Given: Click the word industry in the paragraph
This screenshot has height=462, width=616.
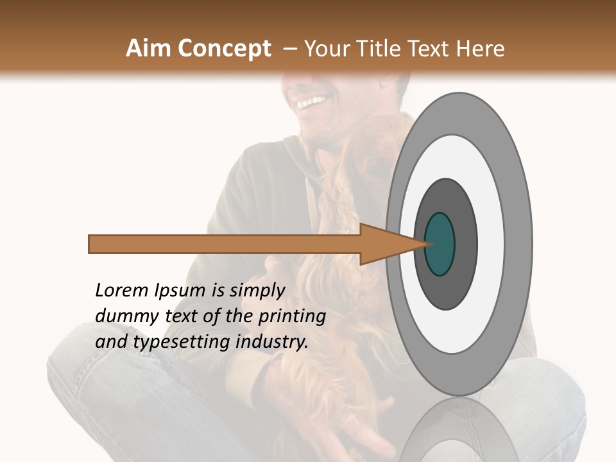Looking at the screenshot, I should pos(272,342).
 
